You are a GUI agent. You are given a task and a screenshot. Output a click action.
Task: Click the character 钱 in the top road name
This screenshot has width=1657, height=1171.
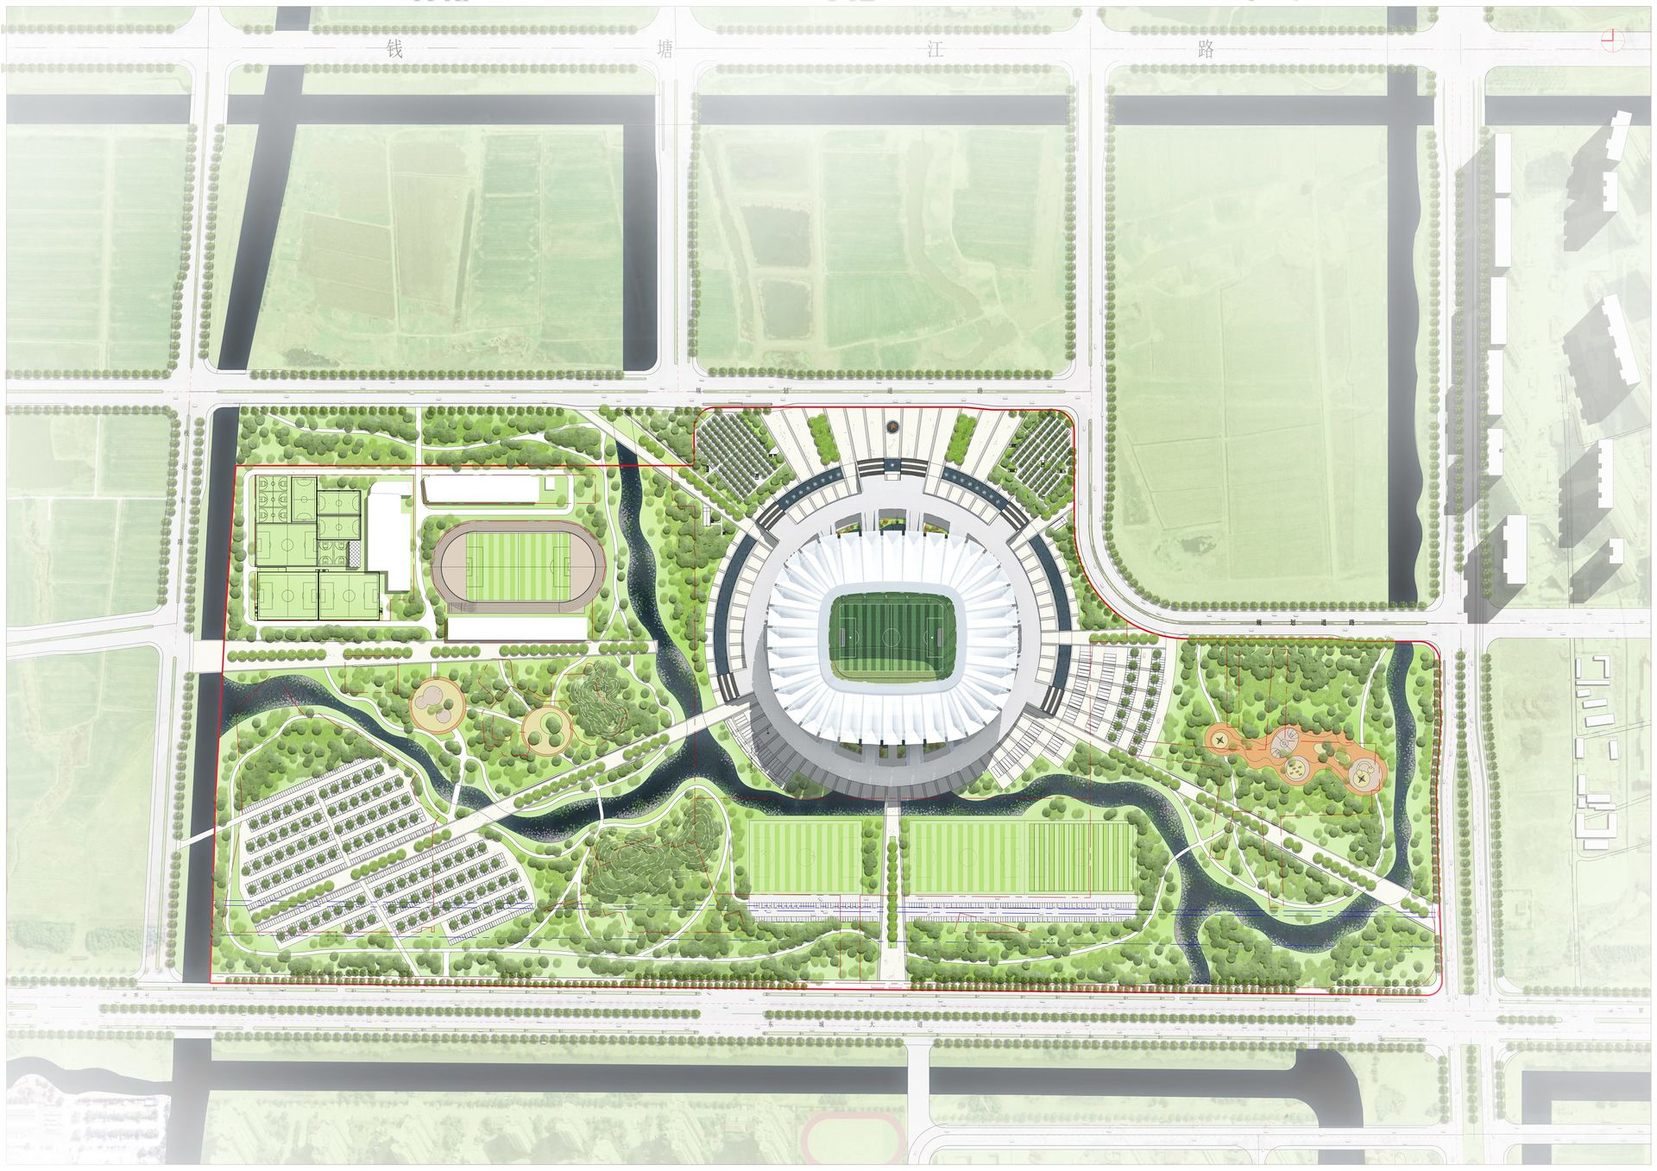pyautogui.click(x=395, y=48)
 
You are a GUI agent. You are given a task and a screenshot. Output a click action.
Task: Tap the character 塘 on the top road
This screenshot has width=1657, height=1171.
pyautogui.click(x=665, y=48)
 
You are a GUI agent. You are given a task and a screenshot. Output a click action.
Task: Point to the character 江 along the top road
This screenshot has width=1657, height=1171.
pyautogui.click(x=935, y=48)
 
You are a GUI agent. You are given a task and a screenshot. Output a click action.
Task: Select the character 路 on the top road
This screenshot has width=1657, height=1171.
pyautogui.click(x=1207, y=48)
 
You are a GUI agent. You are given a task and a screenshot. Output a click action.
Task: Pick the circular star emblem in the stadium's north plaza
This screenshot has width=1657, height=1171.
pyautogui.click(x=891, y=426)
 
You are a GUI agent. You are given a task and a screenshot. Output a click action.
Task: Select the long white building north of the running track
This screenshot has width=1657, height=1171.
pyautogui.click(x=479, y=490)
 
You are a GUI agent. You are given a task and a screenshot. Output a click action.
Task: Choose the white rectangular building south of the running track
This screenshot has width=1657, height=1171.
pyautogui.click(x=515, y=628)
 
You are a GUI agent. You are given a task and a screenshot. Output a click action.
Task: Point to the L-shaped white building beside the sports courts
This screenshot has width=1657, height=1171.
pyautogui.click(x=389, y=539)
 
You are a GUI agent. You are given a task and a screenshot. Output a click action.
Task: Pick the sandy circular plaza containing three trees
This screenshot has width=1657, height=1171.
pyautogui.click(x=546, y=726)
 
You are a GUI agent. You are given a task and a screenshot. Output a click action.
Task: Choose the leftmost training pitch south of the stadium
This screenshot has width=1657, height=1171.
pyautogui.click(x=804, y=856)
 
